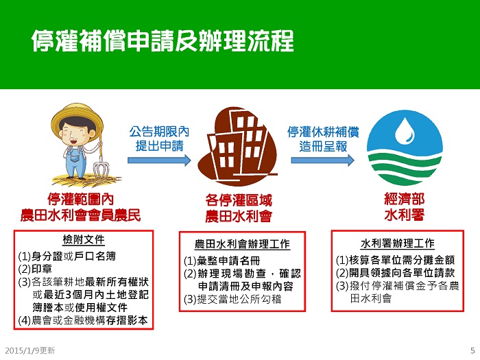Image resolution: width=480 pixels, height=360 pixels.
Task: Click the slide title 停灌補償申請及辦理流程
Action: coord(163,40)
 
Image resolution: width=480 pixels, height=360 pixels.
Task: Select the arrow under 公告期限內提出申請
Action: coord(159,160)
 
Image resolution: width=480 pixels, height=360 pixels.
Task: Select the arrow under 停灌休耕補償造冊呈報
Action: coord(323,160)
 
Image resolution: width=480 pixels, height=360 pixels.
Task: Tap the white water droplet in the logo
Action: coord(405,131)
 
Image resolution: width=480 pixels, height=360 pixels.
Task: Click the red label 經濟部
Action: coord(405,200)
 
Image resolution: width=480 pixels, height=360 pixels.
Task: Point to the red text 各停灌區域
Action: coord(239,201)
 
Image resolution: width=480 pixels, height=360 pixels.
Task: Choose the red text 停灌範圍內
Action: coord(80,200)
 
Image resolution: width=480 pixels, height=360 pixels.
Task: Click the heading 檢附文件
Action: coord(84,239)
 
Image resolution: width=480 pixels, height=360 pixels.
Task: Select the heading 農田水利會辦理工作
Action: coord(242,244)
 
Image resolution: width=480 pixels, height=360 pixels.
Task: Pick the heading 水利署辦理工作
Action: coord(398,243)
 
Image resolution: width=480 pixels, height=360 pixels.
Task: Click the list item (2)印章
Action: coord(35,269)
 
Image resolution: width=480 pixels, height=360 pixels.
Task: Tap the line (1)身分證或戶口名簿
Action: coord(67,256)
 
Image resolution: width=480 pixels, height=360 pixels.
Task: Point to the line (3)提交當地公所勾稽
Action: coord(232,299)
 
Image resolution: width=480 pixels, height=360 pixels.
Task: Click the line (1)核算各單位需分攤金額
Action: coord(395,260)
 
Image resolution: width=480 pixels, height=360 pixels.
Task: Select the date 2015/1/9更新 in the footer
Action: coord(30,350)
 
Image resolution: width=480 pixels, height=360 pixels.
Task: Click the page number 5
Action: coord(472,350)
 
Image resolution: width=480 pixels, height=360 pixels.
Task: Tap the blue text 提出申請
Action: coord(160,146)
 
